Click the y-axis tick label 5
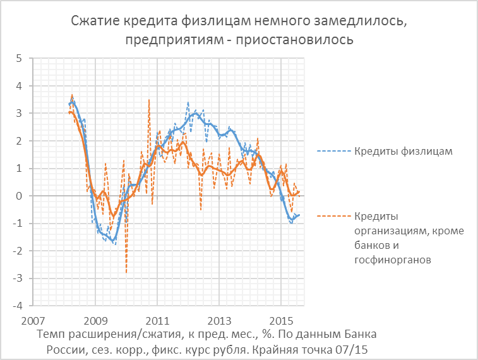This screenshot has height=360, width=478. [19, 58]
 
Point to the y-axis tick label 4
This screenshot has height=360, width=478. [19, 86]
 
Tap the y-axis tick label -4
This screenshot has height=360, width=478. [17, 306]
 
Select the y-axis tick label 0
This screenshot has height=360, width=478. [19, 196]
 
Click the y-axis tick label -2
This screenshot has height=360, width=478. [17, 251]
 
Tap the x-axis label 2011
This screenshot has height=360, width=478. [158, 320]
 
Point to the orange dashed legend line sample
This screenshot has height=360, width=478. [332, 217]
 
